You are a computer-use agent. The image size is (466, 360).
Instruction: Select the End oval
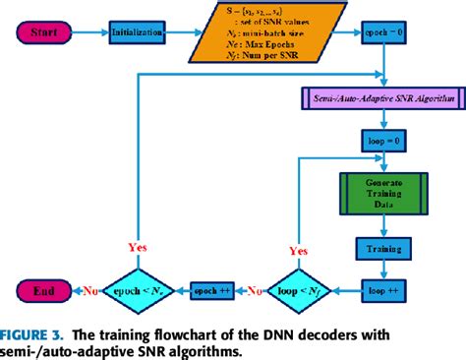42,291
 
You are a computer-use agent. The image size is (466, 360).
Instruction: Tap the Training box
381,250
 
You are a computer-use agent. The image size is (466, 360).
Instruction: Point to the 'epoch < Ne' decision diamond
138,291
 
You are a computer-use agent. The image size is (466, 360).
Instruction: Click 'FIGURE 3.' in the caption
35,335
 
